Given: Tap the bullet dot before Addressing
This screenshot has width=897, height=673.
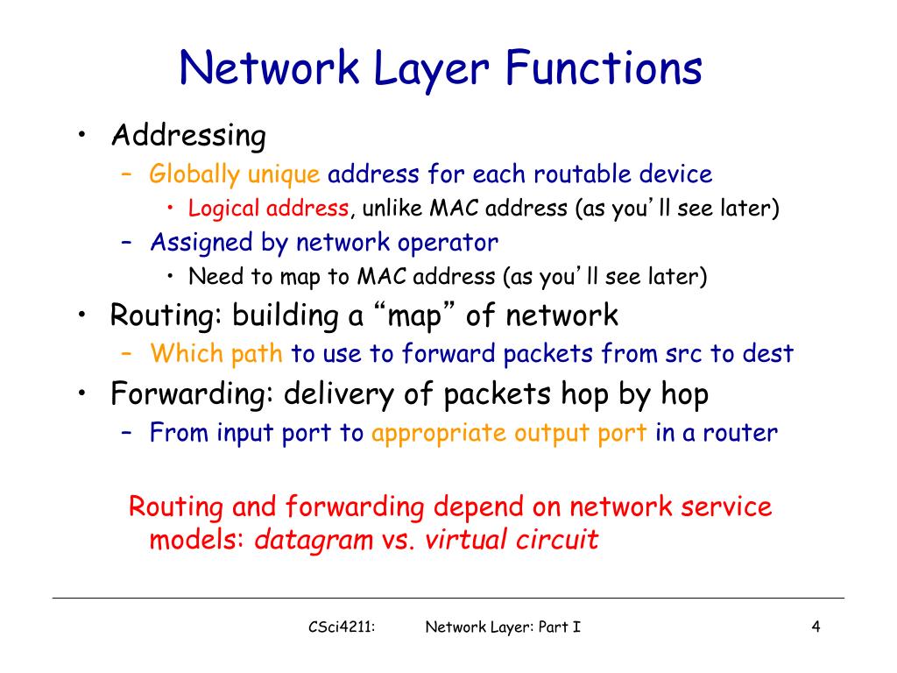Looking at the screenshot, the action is (81, 136).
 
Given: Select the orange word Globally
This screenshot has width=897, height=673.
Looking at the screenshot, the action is (194, 174).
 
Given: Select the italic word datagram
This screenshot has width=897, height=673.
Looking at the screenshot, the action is (314, 540).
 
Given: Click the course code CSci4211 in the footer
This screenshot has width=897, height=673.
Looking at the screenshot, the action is (341, 627).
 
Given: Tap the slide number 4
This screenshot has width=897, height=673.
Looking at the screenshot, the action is (816, 627).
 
